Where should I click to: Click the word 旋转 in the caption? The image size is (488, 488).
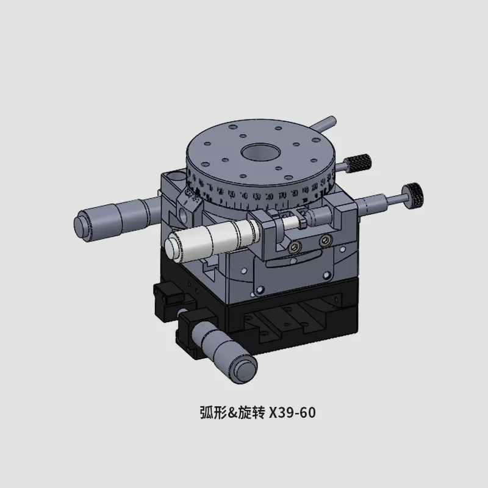click(x=251, y=413)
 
